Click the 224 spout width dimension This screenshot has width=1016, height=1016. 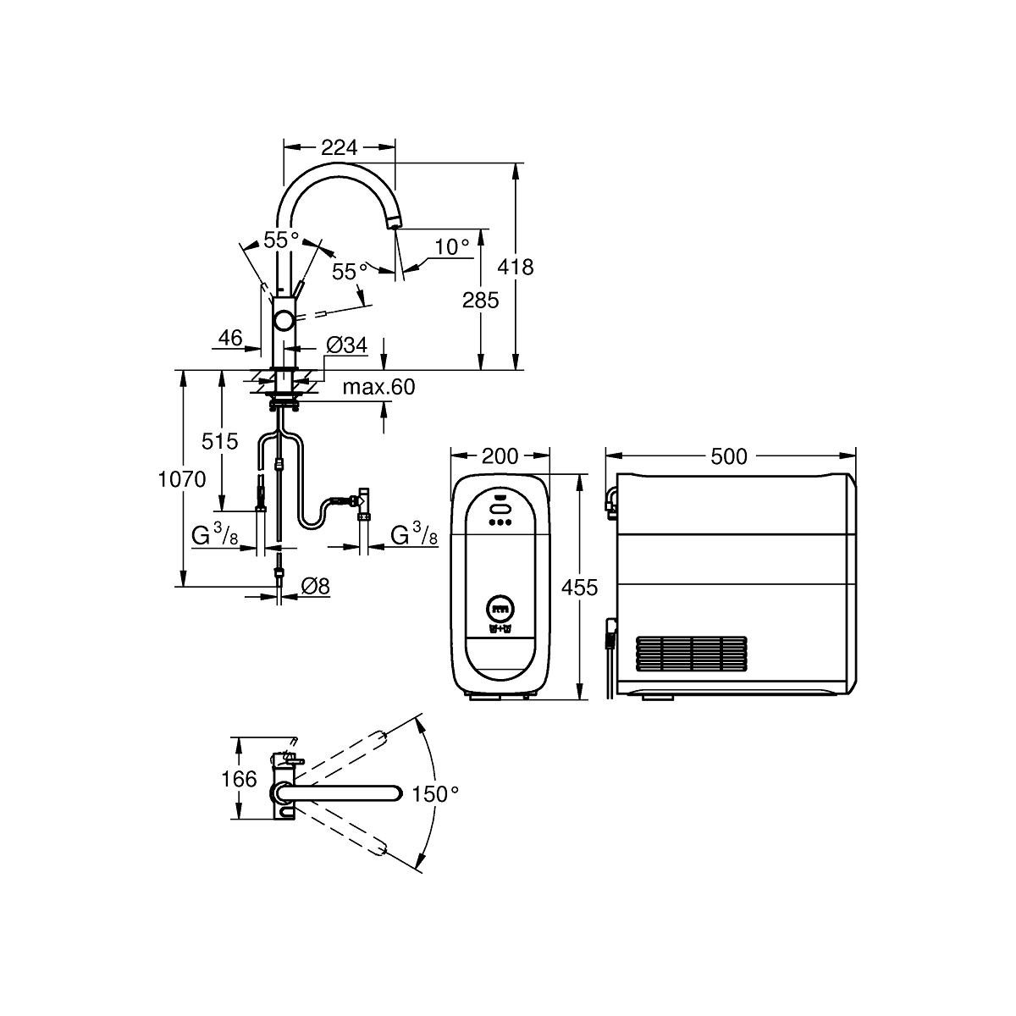coord(339,147)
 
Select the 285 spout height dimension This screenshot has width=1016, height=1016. coord(480,300)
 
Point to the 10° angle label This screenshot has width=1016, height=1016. coord(452,246)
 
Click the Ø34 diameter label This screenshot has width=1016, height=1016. coord(346,345)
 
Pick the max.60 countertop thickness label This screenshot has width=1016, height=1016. coord(378,387)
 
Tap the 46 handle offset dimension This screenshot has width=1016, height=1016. coord(230,338)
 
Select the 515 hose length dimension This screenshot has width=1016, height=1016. coord(220,441)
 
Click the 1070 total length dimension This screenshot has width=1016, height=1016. coord(182,478)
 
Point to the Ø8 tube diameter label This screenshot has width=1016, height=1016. coord(315,586)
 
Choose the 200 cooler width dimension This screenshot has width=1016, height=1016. coord(500,456)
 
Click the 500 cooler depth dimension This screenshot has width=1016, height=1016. coord(729,456)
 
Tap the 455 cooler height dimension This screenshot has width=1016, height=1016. coord(579,587)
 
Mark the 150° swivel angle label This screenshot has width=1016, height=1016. coord(435,793)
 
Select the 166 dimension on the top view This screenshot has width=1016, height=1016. coord(239,779)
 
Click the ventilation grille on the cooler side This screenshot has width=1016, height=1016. coord(691,654)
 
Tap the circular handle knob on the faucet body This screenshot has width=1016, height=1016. coord(284,320)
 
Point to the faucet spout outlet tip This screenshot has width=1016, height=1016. coord(394,225)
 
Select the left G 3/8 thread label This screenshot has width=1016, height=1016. coord(214,536)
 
